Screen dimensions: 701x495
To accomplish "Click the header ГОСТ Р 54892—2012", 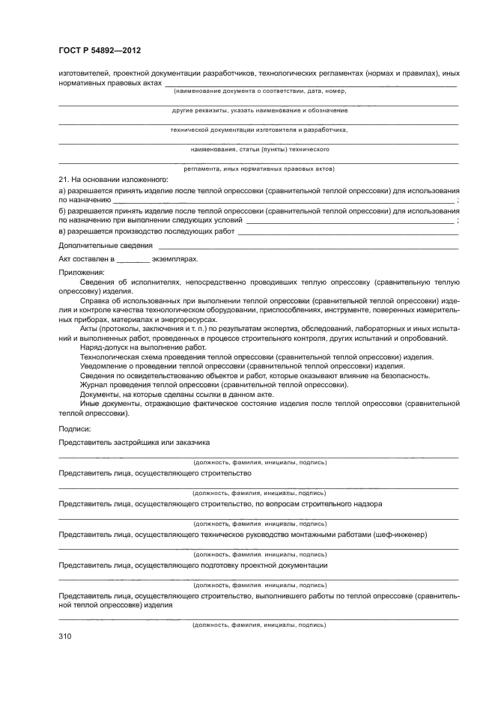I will click(100, 50).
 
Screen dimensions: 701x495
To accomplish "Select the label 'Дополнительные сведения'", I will click(106, 245).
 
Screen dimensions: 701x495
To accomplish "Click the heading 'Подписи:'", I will click(74, 428).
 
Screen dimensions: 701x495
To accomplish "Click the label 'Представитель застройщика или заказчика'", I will click(134, 443).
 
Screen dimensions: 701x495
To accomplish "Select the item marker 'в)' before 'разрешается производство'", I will click(63, 231).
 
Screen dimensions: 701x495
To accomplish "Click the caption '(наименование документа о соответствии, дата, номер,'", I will click(259, 91).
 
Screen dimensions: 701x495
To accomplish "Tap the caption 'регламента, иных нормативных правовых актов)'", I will click(259, 169).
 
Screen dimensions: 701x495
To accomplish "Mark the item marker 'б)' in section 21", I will click(63, 211).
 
